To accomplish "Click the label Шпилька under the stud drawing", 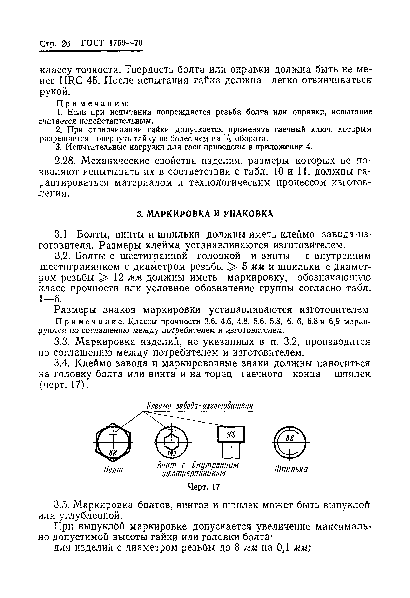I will [x=291, y=469].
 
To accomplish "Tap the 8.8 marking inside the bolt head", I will [x=113, y=452].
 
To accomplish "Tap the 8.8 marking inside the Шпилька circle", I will [x=289, y=438].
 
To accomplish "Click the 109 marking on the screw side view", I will [x=231, y=435].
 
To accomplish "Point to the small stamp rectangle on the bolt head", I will [x=113, y=433].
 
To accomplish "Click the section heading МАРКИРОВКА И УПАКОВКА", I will [x=205, y=214].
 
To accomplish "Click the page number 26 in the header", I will [x=66, y=44].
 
